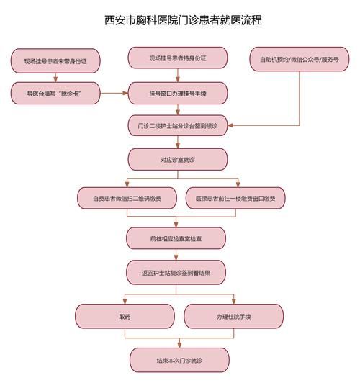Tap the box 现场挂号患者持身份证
(177, 58)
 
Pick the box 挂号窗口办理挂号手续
(177, 93)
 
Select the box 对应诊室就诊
(177, 159)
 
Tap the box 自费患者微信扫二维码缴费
(127, 197)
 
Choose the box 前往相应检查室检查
(177, 237)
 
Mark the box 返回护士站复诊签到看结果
(177, 273)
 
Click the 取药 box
(125, 316)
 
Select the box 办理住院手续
(230, 316)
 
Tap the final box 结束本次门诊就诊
(177, 359)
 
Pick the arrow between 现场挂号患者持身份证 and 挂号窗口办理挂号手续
(177, 76)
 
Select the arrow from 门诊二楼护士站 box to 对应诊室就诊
(177, 142)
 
